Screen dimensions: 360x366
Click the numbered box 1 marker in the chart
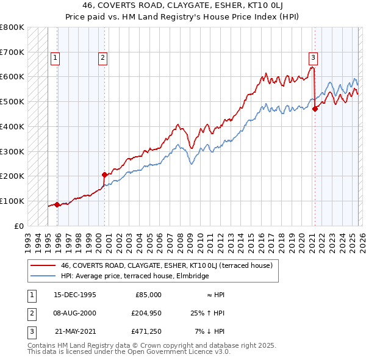(x=55, y=58)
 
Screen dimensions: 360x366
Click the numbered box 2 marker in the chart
(x=102, y=58)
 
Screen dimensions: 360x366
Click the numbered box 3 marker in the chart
(x=313, y=58)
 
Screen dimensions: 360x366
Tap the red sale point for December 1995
(x=57, y=204)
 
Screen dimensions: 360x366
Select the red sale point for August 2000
(x=104, y=175)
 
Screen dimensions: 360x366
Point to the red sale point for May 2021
(x=315, y=109)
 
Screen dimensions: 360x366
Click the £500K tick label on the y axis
(x=12, y=101)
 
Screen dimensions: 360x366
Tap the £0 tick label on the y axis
(x=18, y=225)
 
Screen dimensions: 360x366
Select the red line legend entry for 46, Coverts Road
(x=170, y=265)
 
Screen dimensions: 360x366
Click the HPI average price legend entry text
(x=135, y=276)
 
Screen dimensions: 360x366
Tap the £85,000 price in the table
(x=148, y=295)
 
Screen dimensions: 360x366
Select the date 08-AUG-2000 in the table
(x=75, y=313)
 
